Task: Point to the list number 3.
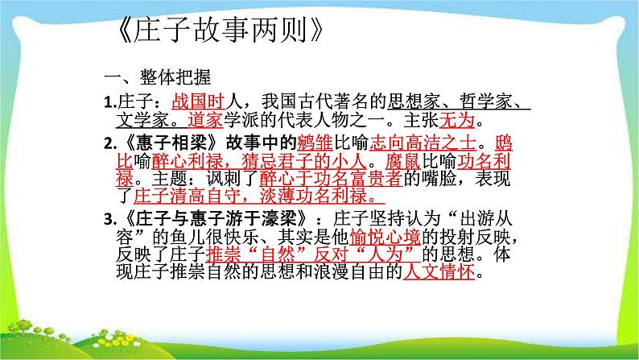[x=111, y=221]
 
